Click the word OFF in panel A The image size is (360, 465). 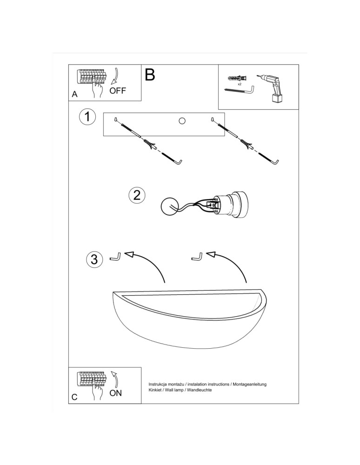[117, 91]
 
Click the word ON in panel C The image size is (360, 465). [115, 393]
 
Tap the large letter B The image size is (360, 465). [150, 75]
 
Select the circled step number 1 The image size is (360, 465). [87, 117]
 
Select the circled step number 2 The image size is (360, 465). [137, 195]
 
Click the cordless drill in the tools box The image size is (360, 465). [271, 88]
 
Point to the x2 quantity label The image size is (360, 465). [240, 84]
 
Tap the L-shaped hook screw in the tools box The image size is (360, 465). [240, 91]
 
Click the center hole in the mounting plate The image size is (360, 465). [182, 121]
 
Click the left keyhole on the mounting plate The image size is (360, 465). [115, 120]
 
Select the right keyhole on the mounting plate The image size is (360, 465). [212, 120]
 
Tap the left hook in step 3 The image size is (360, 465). [116, 257]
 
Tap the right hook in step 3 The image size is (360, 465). [198, 257]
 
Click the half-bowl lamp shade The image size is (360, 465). [190, 319]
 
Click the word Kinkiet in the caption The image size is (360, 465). [154, 390]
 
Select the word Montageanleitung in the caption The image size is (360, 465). [250, 385]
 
